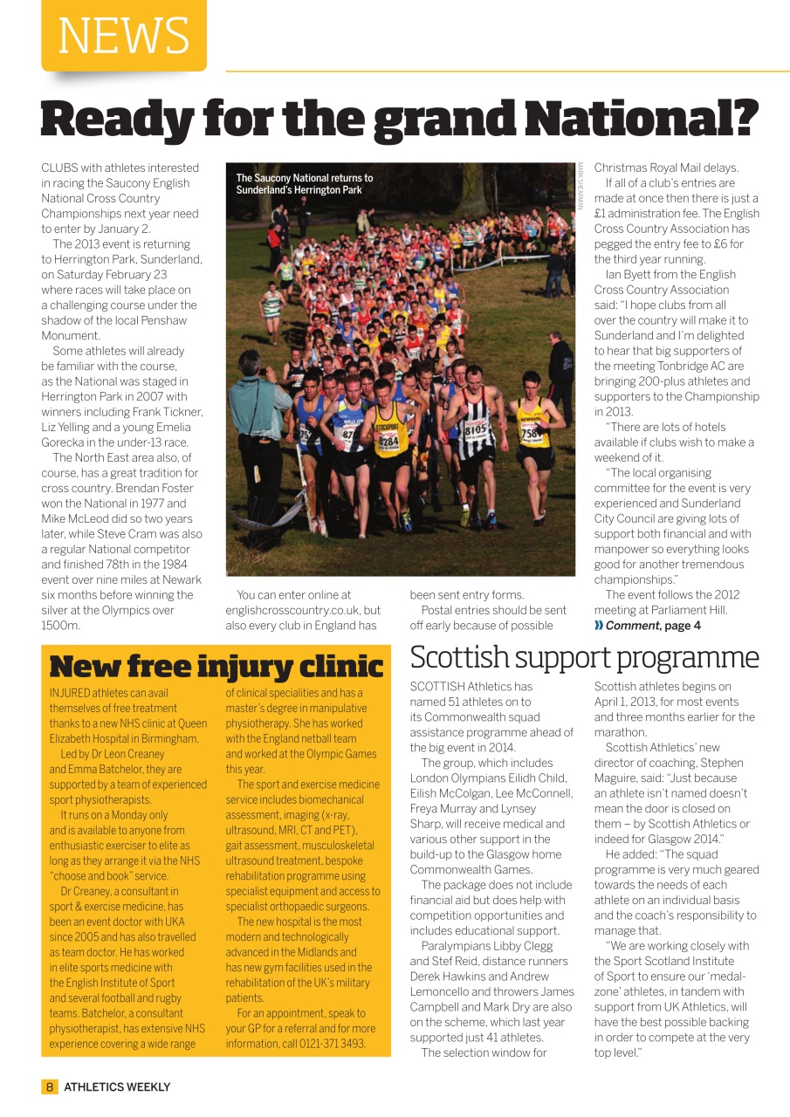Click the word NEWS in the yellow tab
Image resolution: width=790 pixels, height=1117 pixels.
coord(123,36)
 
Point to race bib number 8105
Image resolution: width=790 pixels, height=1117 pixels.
coord(475,428)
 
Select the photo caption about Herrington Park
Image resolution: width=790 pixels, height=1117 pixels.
coord(304,183)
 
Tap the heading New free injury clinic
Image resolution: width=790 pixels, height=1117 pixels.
coord(216,667)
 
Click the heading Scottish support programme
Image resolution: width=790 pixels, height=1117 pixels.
coord(584,657)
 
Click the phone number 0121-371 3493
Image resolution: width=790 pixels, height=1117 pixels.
coord(331,1044)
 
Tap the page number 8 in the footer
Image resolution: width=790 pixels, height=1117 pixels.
coord(50,1086)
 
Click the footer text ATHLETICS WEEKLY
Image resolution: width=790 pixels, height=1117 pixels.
coord(117,1086)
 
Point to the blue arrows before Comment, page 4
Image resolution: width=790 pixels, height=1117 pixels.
coord(599,626)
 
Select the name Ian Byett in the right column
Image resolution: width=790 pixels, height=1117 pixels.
coord(631,274)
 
